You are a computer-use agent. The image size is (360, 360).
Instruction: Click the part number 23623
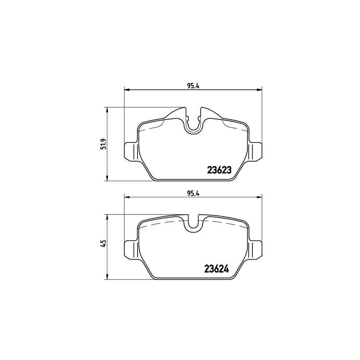click(x=219, y=170)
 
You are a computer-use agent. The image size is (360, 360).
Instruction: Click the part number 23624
click(x=216, y=269)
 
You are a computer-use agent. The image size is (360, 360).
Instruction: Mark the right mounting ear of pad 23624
click(x=255, y=249)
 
